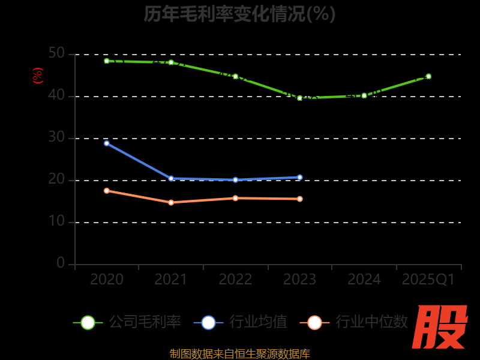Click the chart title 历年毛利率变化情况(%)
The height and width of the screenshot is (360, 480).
coord(239,13)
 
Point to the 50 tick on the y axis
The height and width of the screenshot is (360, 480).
coord(56,53)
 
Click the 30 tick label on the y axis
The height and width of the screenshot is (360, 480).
coord(56,137)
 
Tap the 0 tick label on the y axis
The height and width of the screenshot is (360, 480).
coord(61,263)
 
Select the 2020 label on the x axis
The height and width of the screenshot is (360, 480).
coord(107,280)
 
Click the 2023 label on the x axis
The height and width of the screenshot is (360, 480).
coord(300,280)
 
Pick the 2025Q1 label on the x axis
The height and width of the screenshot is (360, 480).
coord(428,280)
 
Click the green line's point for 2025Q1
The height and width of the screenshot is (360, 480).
coord(428,76)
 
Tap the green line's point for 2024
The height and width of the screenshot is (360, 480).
coord(364,95)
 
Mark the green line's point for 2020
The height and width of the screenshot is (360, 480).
coord(107,61)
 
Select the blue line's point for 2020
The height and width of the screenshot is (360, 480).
coord(107,143)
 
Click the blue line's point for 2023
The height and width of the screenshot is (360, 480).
coord(300,177)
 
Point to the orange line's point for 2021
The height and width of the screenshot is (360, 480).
coord(171,202)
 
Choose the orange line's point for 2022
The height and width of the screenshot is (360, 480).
coord(235,198)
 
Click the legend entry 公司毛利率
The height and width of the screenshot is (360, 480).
coord(127,322)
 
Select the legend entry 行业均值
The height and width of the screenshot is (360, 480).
coord(241,322)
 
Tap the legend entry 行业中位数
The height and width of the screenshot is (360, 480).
coord(358,322)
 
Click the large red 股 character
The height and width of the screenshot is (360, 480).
coord(440,327)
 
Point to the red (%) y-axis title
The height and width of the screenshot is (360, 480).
coord(38,76)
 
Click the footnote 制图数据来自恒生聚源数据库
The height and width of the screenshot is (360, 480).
coord(239,354)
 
